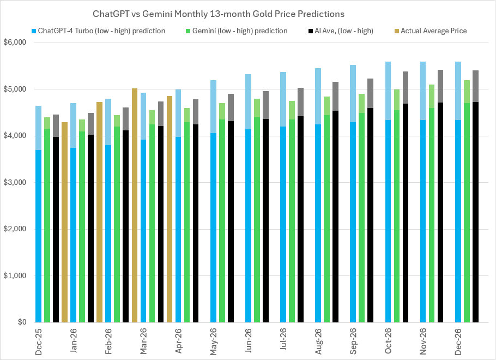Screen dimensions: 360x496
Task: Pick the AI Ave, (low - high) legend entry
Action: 337,31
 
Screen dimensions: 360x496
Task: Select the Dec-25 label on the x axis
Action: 39,342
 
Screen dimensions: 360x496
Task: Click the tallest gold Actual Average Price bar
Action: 135,207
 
